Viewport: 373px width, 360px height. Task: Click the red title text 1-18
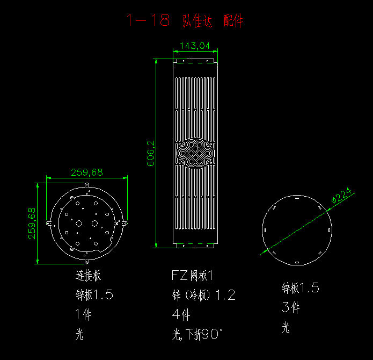click(x=148, y=20)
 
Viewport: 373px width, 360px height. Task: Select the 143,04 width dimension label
click(x=195, y=46)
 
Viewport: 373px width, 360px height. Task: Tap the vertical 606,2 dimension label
click(x=151, y=153)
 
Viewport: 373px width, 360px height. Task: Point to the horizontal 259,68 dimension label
click(x=87, y=172)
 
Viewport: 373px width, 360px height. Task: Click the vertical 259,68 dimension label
click(x=32, y=224)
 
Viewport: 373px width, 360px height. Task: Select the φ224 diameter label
click(x=341, y=196)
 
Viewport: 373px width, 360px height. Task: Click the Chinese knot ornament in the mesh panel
click(x=195, y=153)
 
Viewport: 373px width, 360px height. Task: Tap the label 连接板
click(x=88, y=276)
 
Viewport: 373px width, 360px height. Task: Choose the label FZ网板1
click(x=192, y=276)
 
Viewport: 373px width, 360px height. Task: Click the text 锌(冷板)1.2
click(x=203, y=295)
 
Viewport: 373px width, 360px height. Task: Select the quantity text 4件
click(x=181, y=315)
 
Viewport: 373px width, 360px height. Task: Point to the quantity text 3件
click(x=290, y=307)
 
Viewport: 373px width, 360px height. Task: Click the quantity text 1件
click(x=84, y=314)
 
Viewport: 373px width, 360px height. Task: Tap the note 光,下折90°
click(x=198, y=334)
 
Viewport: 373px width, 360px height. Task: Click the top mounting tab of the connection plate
click(x=87, y=185)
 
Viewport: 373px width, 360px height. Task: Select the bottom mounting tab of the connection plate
click(x=87, y=261)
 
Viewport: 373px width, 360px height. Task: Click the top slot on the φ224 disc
click(x=297, y=198)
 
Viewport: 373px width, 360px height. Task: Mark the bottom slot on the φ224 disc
click(x=297, y=262)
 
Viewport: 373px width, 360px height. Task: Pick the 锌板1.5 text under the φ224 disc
click(x=300, y=287)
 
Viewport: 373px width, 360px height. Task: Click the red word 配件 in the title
click(x=233, y=20)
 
